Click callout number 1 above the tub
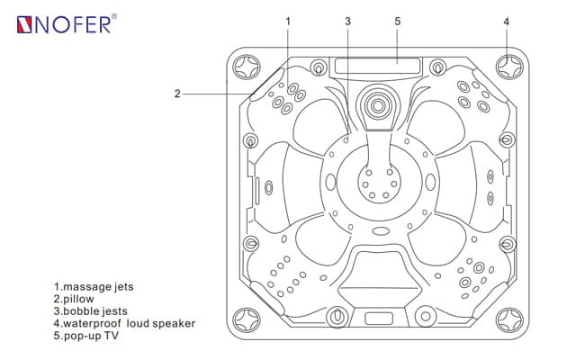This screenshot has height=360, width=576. point(288,20)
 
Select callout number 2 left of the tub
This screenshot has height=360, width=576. point(178,92)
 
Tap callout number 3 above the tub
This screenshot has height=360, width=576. point(348,20)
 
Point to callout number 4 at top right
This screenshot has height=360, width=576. point(507,21)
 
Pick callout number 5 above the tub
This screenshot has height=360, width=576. point(397,20)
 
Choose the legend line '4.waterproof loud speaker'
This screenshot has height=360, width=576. point(124,323)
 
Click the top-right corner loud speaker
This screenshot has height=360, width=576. point(507,67)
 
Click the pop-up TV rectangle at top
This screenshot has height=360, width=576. point(375,66)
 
